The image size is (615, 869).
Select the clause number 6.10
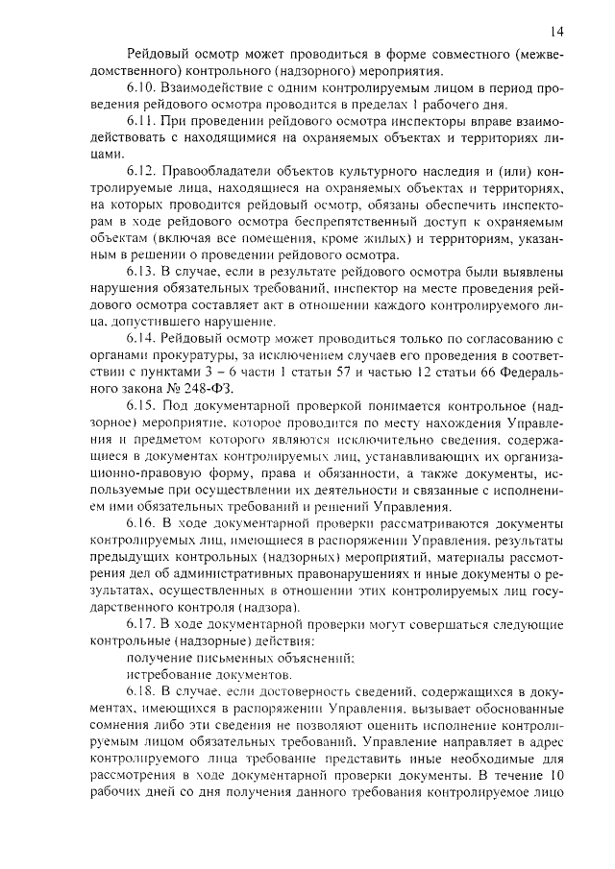tap(142, 87)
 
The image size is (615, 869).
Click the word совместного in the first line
tap(439, 51)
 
